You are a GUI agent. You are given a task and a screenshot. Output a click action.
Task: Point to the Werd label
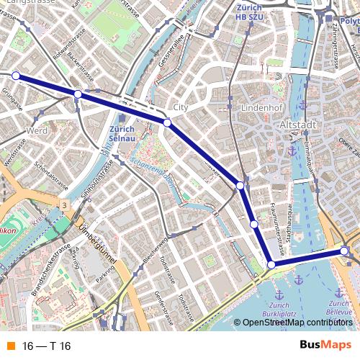(36, 130)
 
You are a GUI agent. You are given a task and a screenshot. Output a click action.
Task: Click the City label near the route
(180, 107)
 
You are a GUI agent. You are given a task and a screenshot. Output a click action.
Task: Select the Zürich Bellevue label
(338, 298)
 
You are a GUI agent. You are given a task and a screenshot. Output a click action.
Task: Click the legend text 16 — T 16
(46, 346)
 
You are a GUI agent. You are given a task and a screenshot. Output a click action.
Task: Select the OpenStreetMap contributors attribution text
(297, 323)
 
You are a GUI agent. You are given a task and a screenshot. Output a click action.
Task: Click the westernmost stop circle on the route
(16, 75)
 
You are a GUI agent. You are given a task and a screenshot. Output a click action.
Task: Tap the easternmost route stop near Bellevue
(345, 251)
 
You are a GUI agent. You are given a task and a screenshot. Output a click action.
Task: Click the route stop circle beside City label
(168, 123)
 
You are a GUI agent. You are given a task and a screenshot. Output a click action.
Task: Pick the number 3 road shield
(64, 206)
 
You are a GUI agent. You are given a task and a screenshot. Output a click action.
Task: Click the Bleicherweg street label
(155, 248)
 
